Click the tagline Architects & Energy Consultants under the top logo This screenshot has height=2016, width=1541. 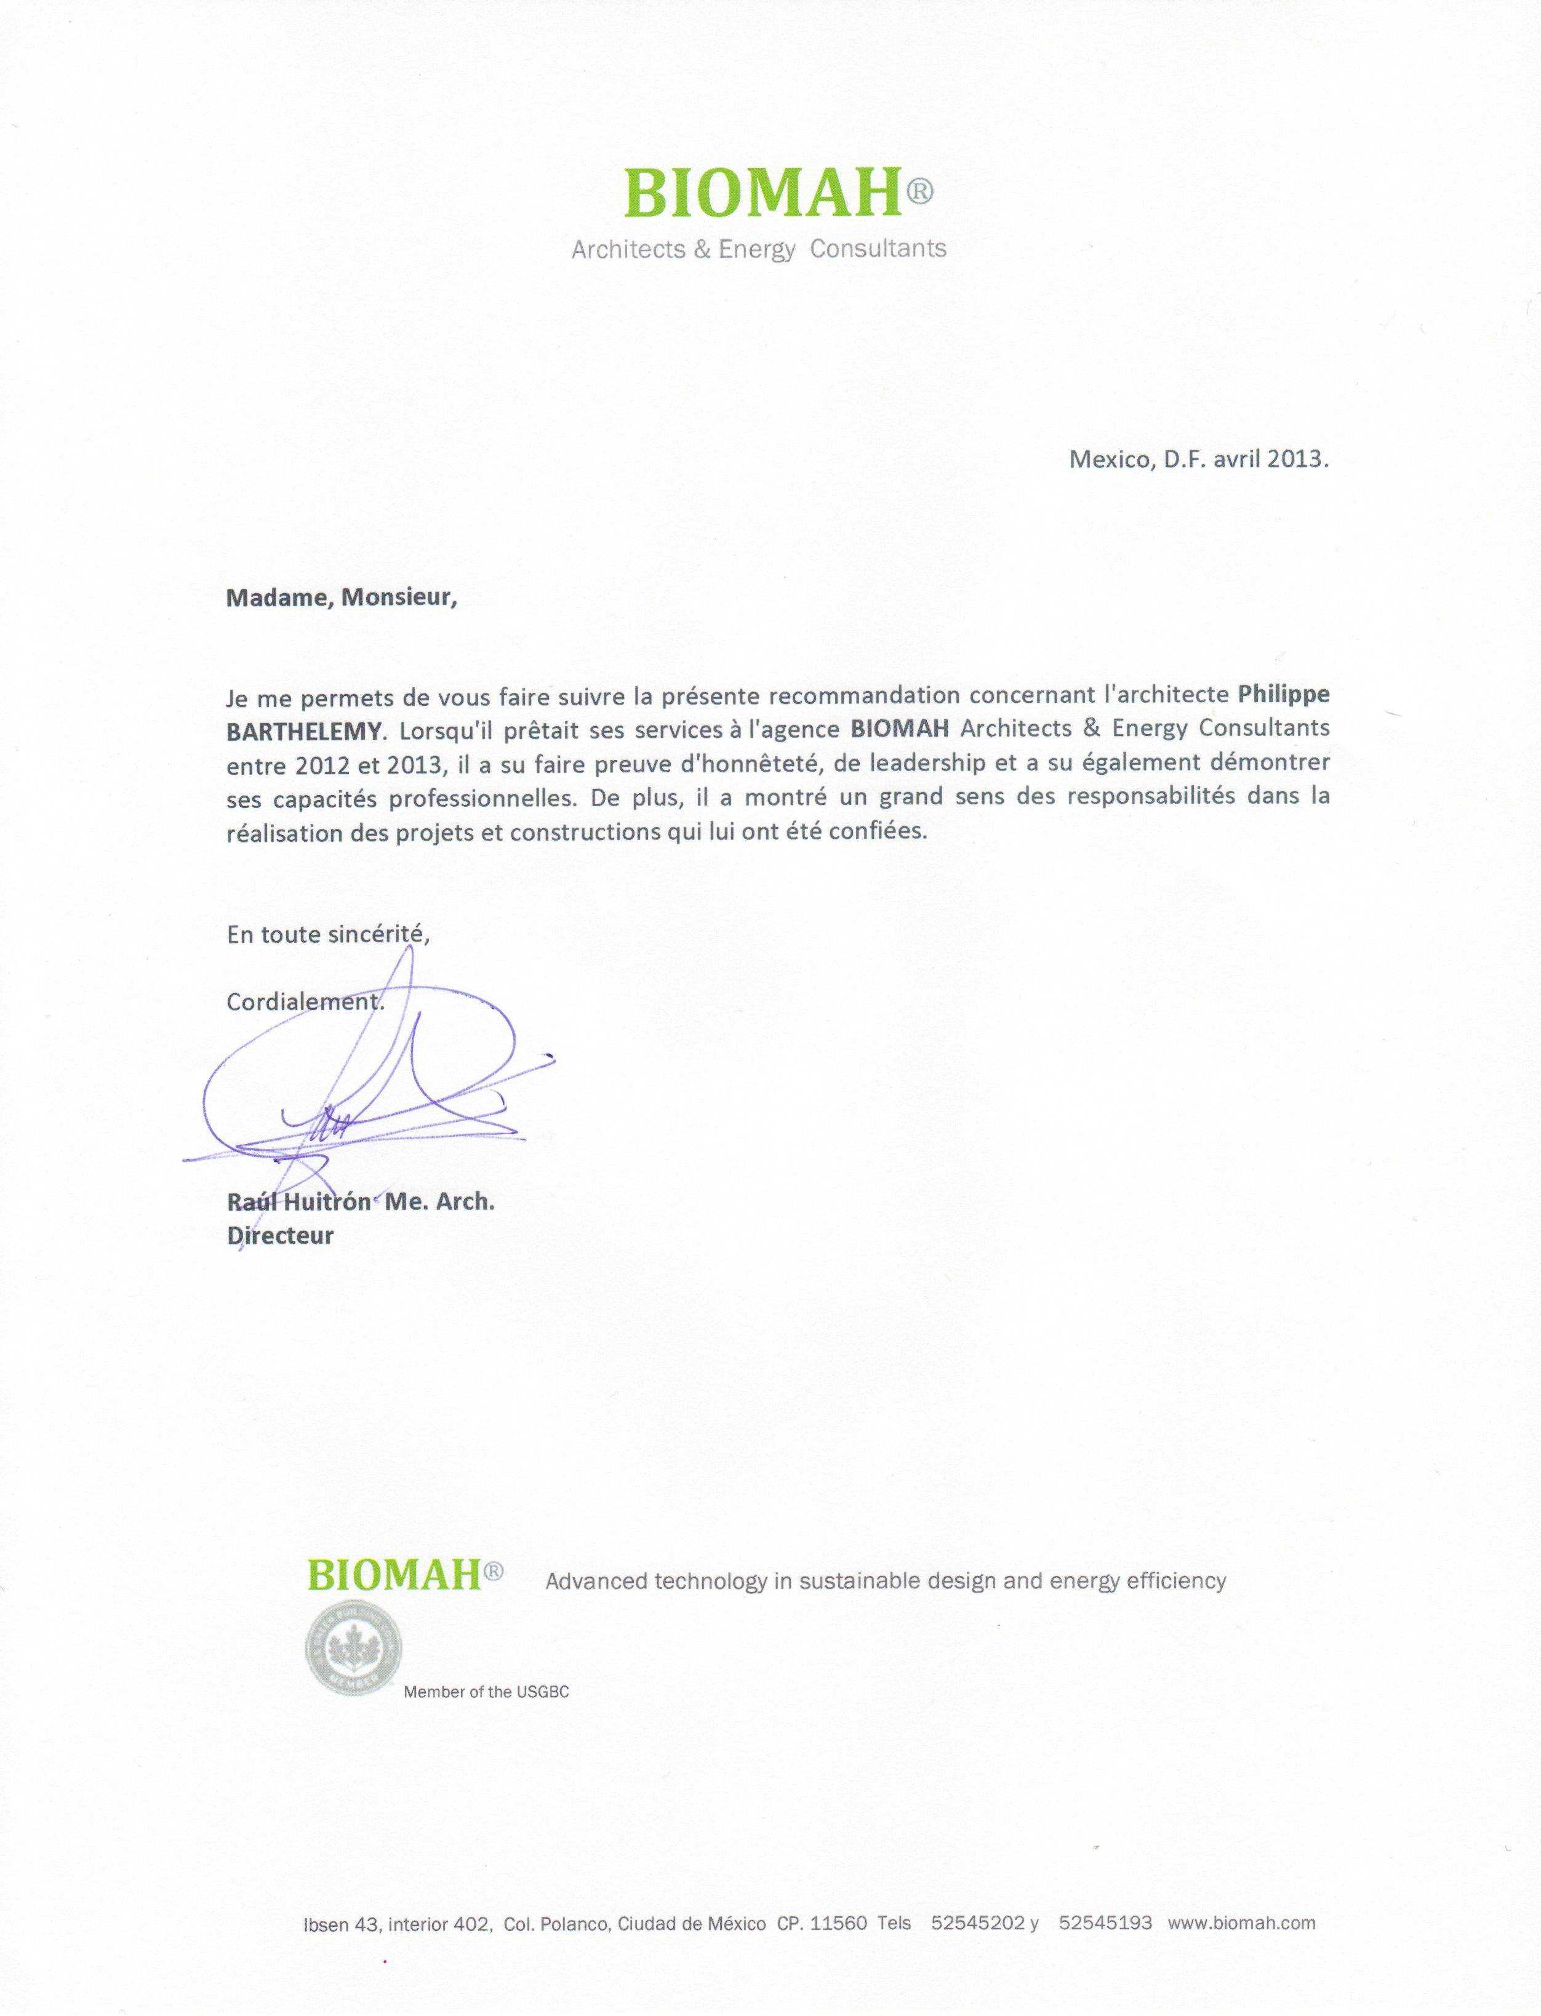pos(759,249)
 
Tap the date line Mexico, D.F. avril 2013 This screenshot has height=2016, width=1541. pos(1198,460)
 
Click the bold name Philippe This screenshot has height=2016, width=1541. pos(1283,694)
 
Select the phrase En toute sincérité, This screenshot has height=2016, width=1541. pos(327,935)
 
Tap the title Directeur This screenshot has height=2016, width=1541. pos(280,1236)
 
